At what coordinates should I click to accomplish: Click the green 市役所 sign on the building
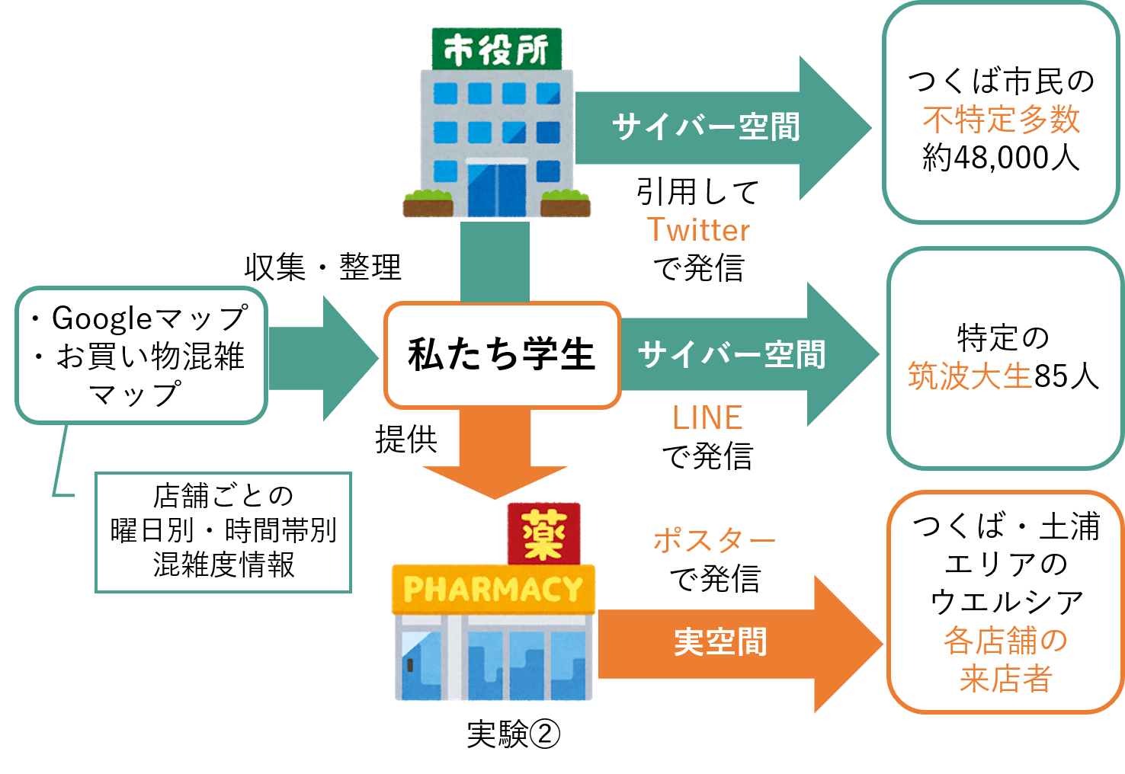pyautogui.click(x=497, y=49)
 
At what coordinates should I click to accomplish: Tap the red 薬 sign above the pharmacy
pyautogui.click(x=544, y=534)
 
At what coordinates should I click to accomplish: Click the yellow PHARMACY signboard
pyautogui.click(x=493, y=590)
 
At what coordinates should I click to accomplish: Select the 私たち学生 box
pyautogui.click(x=502, y=355)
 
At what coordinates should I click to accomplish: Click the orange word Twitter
pyautogui.click(x=698, y=230)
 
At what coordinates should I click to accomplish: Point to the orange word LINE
pyautogui.click(x=707, y=417)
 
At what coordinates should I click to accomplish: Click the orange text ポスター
pyautogui.click(x=714, y=541)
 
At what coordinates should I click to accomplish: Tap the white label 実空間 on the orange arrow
pyautogui.click(x=720, y=642)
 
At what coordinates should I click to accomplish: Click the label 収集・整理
pyautogui.click(x=323, y=267)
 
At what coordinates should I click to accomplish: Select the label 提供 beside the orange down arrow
pyautogui.click(x=406, y=440)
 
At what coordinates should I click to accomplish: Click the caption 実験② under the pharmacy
pyautogui.click(x=513, y=734)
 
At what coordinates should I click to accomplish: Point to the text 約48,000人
pyautogui.click(x=1001, y=158)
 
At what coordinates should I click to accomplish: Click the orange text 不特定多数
pyautogui.click(x=1001, y=120)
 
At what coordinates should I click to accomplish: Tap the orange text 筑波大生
pyautogui.click(x=970, y=376)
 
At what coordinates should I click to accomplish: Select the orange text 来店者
pyautogui.click(x=1005, y=679)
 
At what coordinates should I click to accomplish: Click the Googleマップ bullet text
pyautogui.click(x=149, y=318)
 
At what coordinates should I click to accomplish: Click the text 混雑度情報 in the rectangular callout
pyautogui.click(x=223, y=565)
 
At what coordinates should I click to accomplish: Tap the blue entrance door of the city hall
pyautogui.click(x=497, y=190)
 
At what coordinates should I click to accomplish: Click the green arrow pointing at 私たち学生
pyautogui.click(x=324, y=358)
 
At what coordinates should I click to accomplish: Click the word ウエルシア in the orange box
pyautogui.click(x=1006, y=603)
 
